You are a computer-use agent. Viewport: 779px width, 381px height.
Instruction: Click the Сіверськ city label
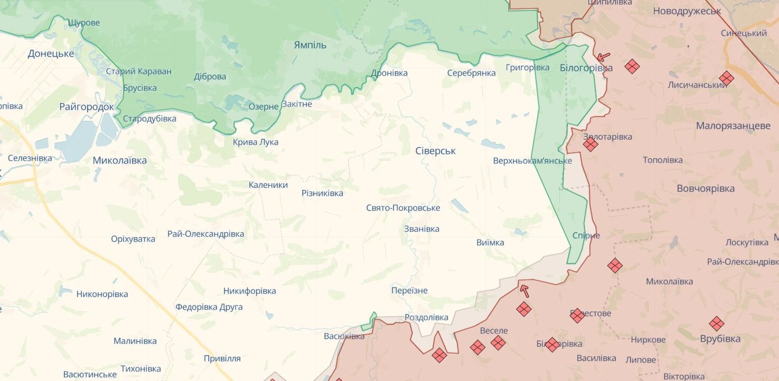pyautogui.click(x=435, y=151)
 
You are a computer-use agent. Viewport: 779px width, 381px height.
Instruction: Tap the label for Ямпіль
pyautogui.click(x=309, y=45)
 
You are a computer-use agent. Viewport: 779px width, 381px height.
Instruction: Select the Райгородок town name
pyautogui.click(x=86, y=107)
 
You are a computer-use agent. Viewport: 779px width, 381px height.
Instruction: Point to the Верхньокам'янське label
pyautogui.click(x=532, y=160)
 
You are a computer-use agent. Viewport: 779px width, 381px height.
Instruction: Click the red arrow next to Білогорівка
pyautogui.click(x=603, y=56)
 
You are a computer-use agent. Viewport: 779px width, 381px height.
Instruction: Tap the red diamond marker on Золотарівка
pyautogui.click(x=590, y=144)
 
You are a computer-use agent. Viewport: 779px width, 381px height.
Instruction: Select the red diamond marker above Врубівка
pyautogui.click(x=716, y=323)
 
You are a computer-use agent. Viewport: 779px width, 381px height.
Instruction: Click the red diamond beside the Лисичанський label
pyautogui.click(x=726, y=78)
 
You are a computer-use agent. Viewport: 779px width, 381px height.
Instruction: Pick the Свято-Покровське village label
pyautogui.click(x=403, y=208)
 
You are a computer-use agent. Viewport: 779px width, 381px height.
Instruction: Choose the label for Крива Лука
pyautogui.click(x=256, y=142)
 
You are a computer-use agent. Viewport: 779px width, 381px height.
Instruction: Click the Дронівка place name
pyautogui.click(x=389, y=73)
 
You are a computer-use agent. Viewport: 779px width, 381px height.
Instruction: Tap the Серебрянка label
pyautogui.click(x=471, y=73)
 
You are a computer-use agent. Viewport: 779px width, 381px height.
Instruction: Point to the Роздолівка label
pyautogui.click(x=426, y=317)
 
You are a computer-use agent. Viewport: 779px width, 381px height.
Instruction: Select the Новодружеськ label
pyautogui.click(x=687, y=11)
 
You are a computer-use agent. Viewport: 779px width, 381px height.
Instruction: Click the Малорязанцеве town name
pyautogui.click(x=733, y=126)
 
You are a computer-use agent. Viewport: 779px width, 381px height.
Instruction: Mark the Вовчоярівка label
pyautogui.click(x=706, y=188)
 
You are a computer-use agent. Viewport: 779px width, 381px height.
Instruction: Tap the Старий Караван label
pyautogui.click(x=138, y=71)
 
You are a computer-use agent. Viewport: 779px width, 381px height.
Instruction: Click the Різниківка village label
pyautogui.click(x=322, y=193)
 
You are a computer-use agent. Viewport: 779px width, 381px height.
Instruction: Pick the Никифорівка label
pyautogui.click(x=249, y=291)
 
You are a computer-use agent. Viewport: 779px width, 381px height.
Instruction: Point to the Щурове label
pyautogui.click(x=83, y=23)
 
